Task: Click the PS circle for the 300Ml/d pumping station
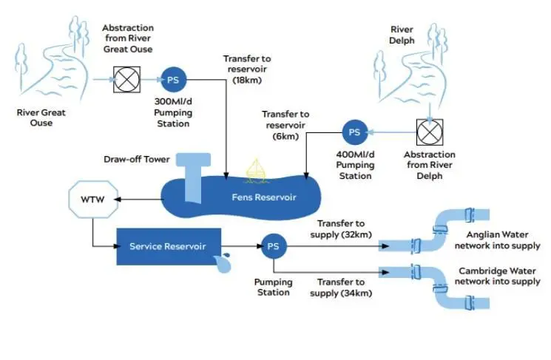point(173,80)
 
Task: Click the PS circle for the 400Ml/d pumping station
point(354,132)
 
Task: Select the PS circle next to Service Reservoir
point(274,246)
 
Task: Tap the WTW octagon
point(93,199)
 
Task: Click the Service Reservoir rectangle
point(169,247)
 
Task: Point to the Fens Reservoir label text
point(264,197)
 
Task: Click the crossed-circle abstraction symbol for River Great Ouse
point(127,80)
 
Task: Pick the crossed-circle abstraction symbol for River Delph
point(430,132)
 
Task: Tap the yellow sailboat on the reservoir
point(257,171)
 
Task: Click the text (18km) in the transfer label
point(247,80)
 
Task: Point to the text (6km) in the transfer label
point(285,136)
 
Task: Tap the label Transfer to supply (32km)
point(341,229)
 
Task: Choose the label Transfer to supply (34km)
point(341,288)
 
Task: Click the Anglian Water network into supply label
point(497,240)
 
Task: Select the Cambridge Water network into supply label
point(497,276)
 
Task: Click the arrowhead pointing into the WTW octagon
point(118,200)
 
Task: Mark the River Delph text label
point(402,35)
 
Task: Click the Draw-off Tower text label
point(137,160)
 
